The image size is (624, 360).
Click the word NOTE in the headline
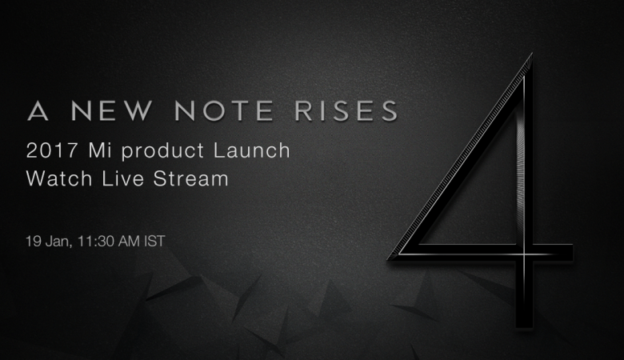pos(224,110)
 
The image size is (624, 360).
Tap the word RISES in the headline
pos(346,110)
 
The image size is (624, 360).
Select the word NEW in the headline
pos(111,110)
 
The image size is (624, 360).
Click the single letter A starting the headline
pos(38,110)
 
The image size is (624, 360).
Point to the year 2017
pos(52,150)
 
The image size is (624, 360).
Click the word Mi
pos(100,150)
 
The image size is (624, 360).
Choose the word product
pos(162,152)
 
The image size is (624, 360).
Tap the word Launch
pos(252,150)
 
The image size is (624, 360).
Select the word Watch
pos(59,178)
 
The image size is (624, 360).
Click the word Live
pos(122,178)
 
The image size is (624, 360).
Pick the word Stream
pos(191,178)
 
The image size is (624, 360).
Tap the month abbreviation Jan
pos(58,242)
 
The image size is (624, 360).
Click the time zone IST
pos(154,241)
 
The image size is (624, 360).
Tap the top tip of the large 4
pos(531,54)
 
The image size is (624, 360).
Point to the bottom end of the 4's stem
pos(524,327)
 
